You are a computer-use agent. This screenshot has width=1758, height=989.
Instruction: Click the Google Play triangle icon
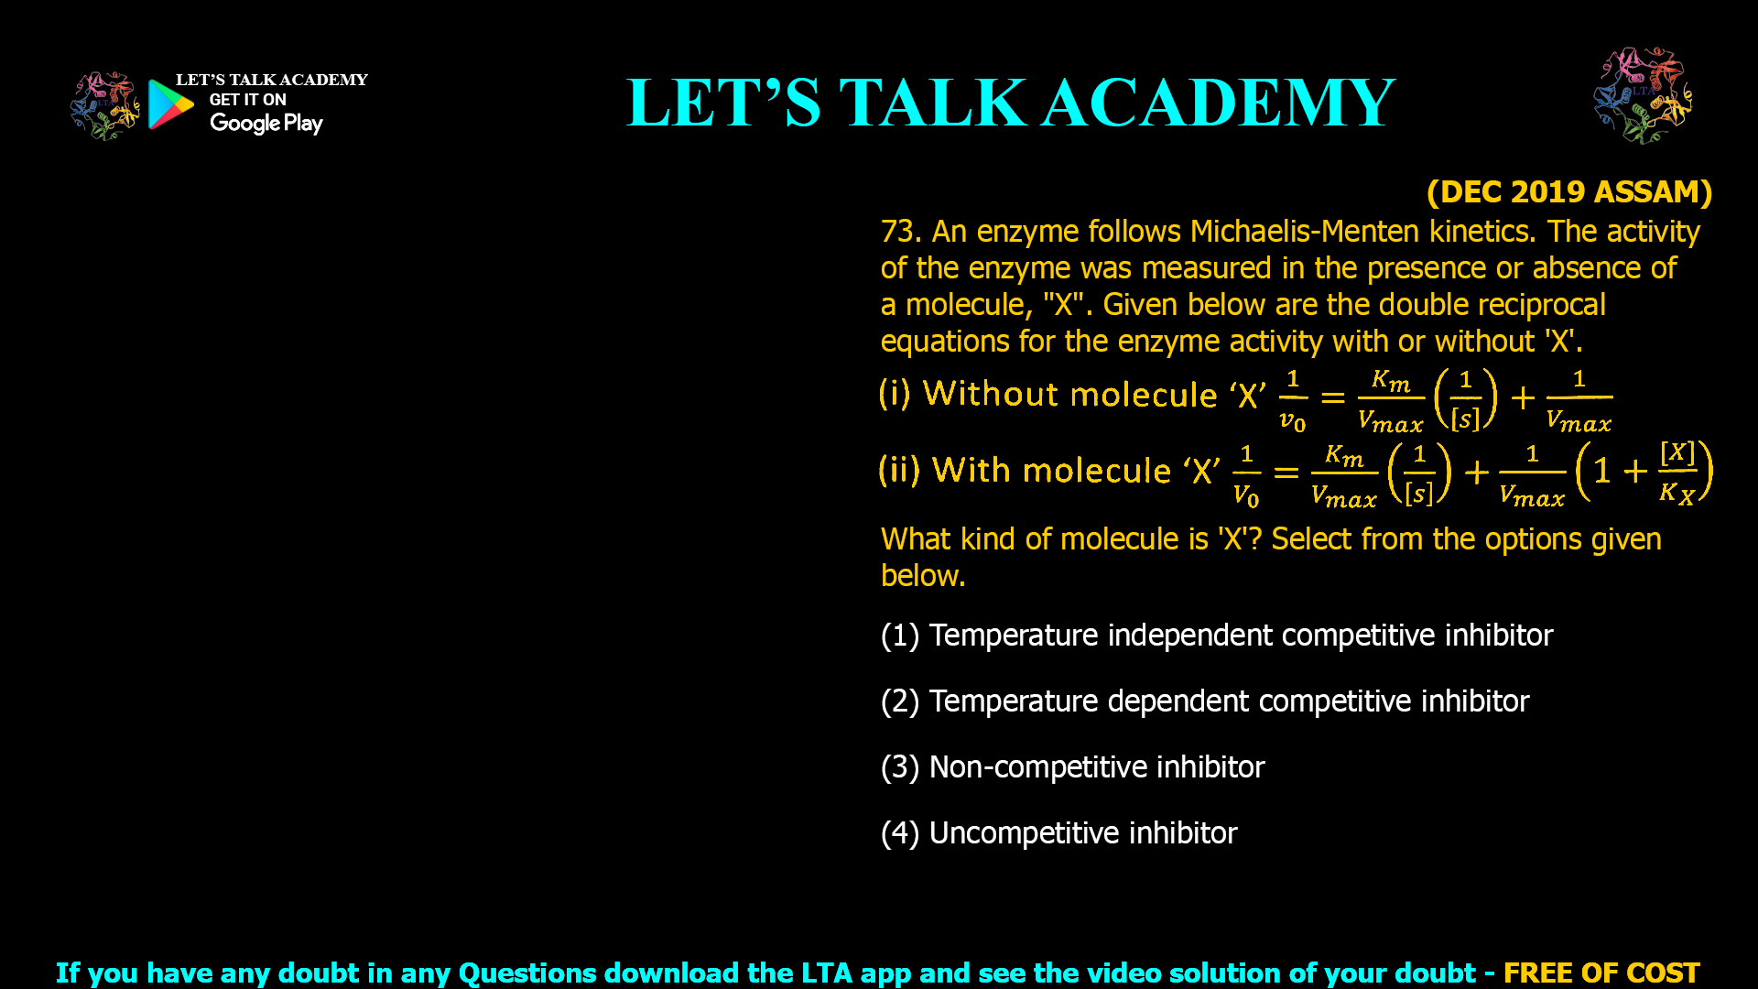pos(170,103)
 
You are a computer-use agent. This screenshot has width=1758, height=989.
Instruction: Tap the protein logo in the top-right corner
pos(1643,95)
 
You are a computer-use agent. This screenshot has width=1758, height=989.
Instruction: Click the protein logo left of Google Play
pos(104,106)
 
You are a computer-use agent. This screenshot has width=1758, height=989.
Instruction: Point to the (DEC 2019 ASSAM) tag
pos(1569,191)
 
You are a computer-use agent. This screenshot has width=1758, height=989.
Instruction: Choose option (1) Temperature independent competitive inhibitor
pos(1217,635)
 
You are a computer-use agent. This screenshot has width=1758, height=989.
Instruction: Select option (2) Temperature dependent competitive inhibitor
pos(1205,701)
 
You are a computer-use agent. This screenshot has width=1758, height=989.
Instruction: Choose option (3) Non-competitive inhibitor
pos(1072,766)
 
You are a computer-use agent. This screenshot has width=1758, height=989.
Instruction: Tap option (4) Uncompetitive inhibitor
pos(1058,832)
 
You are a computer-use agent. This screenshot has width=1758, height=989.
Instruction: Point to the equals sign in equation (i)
pos(1333,397)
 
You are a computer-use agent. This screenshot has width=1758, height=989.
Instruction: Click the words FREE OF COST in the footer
pos(1601,973)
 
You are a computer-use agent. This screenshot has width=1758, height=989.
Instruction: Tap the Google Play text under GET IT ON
pos(266,124)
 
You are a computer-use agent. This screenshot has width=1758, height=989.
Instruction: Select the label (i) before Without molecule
pos(895,394)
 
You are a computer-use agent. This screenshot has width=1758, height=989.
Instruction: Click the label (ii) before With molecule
pos(899,470)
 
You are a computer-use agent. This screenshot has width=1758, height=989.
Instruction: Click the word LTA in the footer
pos(823,973)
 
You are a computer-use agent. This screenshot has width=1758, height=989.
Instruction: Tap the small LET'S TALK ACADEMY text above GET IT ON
pos(272,80)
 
